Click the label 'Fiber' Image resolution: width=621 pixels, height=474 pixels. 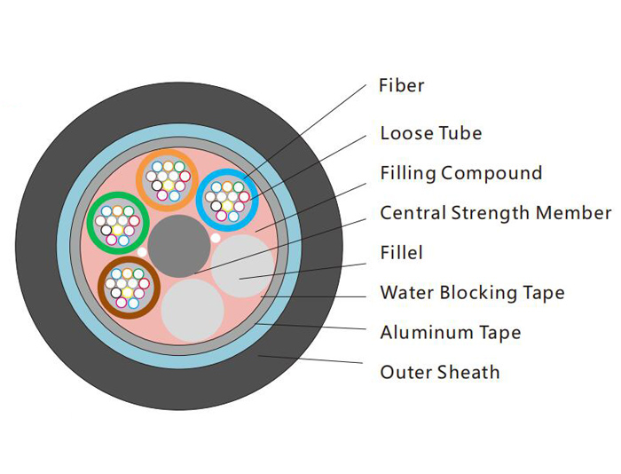[x=401, y=85]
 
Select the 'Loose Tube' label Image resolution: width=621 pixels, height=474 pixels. [x=431, y=133]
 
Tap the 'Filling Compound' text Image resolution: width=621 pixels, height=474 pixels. [x=461, y=173]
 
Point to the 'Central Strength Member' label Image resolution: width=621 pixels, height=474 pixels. [x=496, y=213]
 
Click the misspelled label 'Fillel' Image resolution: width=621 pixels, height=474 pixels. [x=401, y=252]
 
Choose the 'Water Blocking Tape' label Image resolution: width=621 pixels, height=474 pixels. [x=472, y=293]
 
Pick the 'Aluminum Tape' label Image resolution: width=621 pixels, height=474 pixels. [x=451, y=332]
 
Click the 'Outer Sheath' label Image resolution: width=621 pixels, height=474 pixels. [x=440, y=372]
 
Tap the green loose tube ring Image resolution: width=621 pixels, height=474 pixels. [x=90, y=223]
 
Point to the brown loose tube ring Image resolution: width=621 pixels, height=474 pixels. [x=101, y=288]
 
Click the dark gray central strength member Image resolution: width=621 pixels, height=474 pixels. [x=179, y=246]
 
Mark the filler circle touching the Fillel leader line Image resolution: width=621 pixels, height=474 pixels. [x=243, y=266]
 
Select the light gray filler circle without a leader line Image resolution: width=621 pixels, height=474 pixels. [x=193, y=311]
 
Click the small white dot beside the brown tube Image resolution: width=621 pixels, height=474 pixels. [x=141, y=252]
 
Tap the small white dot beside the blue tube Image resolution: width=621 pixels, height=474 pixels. [x=215, y=238]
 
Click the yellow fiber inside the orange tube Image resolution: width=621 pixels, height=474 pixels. [x=169, y=186]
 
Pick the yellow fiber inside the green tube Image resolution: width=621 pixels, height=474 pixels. [x=118, y=230]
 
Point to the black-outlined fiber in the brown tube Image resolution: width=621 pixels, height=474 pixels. [x=116, y=293]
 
